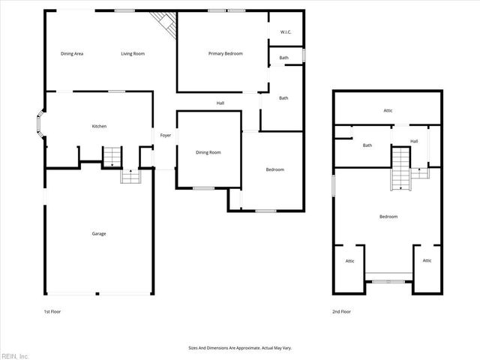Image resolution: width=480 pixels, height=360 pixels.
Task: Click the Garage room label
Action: pos(99,233)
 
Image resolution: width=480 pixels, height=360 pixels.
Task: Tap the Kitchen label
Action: pos(99,126)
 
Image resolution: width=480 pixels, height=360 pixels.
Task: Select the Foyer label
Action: pos(165,136)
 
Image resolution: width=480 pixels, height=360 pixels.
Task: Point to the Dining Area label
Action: pos(72,54)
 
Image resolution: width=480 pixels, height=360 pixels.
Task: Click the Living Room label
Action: pos(133,54)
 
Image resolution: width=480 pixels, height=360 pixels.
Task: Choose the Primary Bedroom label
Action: pos(225,53)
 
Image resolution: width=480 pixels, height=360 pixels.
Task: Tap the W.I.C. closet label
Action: pos(286,32)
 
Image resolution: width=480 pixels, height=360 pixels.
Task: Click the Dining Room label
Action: pos(208,152)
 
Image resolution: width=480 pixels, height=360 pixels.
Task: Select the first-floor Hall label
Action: pos(220,103)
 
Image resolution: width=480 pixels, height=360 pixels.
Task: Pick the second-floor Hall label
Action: pos(414,141)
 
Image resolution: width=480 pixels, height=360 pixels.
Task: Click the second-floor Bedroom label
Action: pos(388,217)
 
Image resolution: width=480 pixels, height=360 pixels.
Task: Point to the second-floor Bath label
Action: pos(367,145)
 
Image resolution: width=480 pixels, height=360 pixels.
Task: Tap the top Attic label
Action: pos(388,111)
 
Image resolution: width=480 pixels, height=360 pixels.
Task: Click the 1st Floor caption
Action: pos(52,310)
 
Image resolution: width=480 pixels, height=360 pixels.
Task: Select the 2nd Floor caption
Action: pos(341,311)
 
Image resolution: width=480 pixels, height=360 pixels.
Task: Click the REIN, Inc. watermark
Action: pos(14,355)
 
